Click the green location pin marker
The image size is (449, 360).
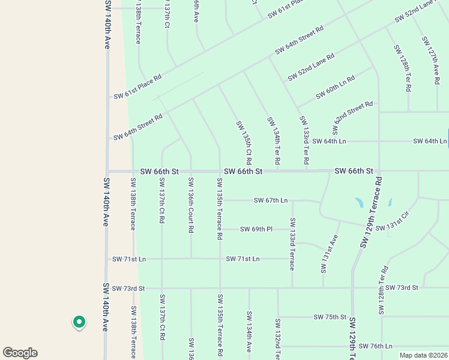tap(79, 323)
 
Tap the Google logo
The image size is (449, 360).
tap(20, 353)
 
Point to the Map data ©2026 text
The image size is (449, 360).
tap(423, 355)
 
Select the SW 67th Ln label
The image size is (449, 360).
tap(271, 200)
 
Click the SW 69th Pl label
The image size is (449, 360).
tap(256, 229)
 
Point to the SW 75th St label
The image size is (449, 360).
tap(330, 317)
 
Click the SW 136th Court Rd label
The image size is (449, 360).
tap(191, 205)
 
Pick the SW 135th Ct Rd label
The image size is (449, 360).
tap(243, 143)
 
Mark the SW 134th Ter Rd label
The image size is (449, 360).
tap(274, 142)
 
